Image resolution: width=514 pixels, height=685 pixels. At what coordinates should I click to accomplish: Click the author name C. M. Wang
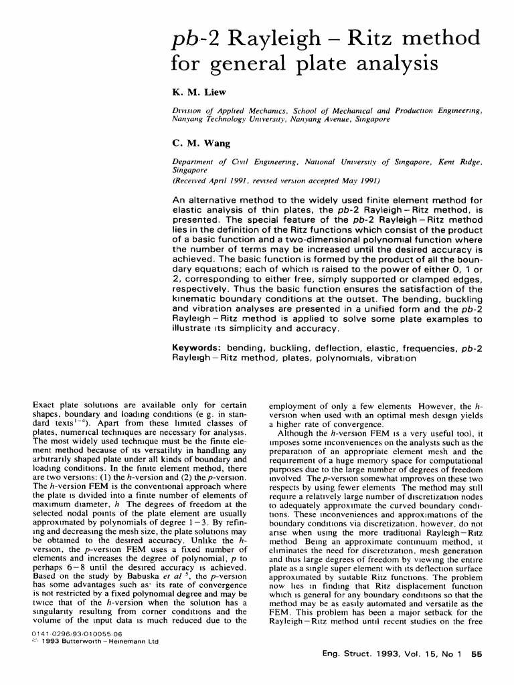[197, 142]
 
